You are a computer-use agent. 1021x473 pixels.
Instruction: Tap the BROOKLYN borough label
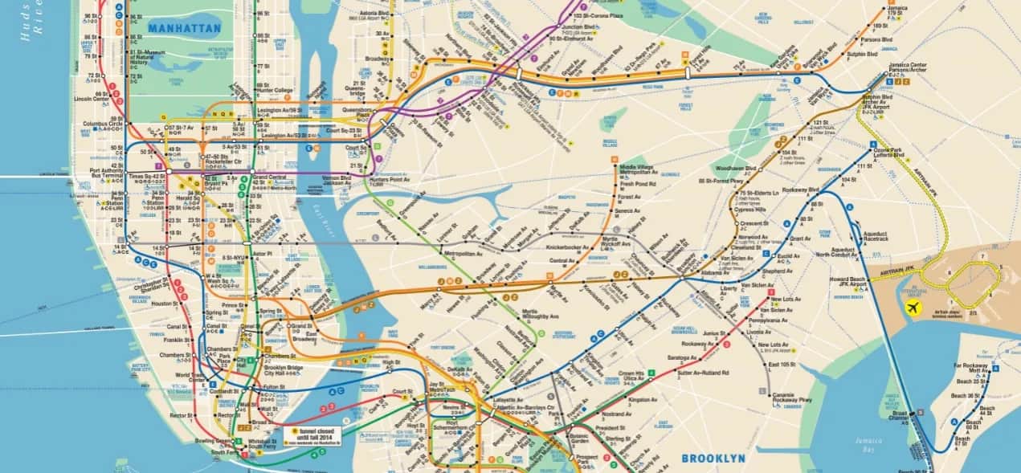tap(713, 459)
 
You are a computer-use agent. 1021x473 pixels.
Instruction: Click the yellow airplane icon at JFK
tap(913, 308)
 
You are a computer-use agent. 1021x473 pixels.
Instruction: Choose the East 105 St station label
tap(782, 365)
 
